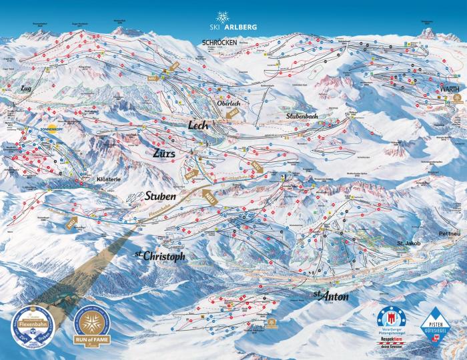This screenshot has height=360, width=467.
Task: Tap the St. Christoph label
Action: point(159,256)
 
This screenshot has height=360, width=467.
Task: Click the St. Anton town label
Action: point(331,296)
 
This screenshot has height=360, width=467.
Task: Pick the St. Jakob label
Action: point(409,243)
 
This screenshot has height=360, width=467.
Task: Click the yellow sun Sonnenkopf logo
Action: point(52,127)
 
